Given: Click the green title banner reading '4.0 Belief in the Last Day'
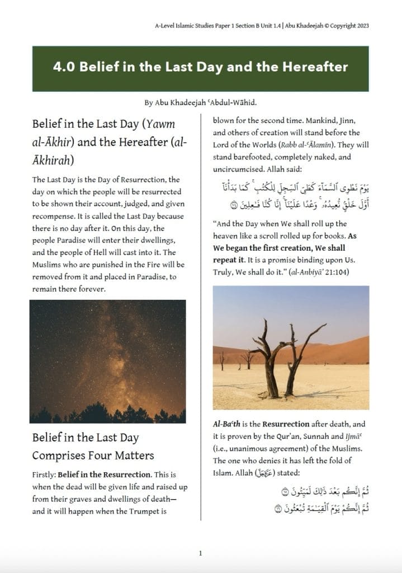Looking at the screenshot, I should pos(200,68).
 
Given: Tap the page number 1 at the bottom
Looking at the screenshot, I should pos(200,553).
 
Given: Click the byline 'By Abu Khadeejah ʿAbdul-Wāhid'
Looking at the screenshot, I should pos(200,103).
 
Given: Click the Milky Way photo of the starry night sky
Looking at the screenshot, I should pos(107,361).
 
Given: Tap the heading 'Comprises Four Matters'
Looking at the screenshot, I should pos(93,455).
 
